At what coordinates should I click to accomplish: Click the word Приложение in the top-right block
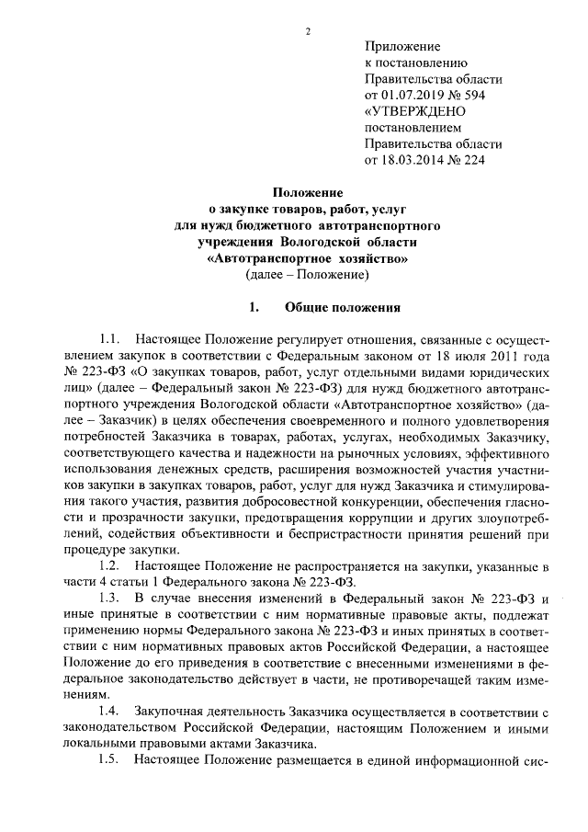(x=402, y=45)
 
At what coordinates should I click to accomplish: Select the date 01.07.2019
(x=414, y=95)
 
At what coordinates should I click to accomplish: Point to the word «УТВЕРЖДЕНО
(x=414, y=111)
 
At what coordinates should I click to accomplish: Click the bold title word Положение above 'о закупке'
(x=308, y=193)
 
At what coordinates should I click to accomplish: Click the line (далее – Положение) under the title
(x=307, y=275)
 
